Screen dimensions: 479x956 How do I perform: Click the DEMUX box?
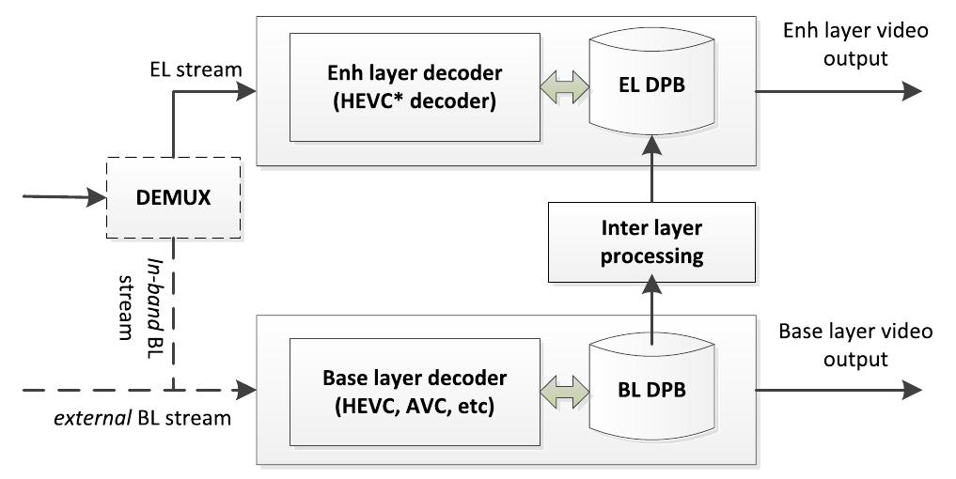(173, 197)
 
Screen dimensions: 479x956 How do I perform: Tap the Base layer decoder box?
(414, 392)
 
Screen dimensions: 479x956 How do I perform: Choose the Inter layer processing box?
(650, 241)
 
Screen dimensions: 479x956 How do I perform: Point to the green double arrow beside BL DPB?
(564, 390)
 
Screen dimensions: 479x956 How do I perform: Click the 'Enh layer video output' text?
(854, 44)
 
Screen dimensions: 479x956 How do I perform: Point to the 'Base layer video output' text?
(854, 345)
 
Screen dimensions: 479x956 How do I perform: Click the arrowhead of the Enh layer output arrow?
(910, 89)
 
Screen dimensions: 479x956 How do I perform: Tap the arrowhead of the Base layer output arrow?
(910, 390)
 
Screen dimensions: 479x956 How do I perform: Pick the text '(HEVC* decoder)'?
(414, 102)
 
